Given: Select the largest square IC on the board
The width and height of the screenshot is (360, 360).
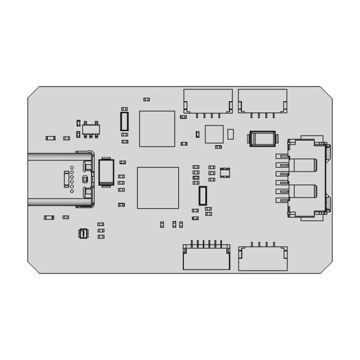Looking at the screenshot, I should [x=158, y=187].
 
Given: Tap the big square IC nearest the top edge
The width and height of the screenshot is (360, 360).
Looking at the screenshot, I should [x=157, y=128].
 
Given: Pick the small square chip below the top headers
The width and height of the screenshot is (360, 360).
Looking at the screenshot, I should [x=214, y=134].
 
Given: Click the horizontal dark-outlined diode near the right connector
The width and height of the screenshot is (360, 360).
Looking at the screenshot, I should [x=262, y=138].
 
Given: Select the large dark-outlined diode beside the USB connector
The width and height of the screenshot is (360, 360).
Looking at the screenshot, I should [x=106, y=172].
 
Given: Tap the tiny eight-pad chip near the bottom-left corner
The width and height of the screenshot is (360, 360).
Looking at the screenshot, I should [x=83, y=233].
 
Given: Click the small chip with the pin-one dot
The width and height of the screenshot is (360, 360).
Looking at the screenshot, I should [x=225, y=173].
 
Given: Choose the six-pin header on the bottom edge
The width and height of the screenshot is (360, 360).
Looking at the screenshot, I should [x=206, y=258].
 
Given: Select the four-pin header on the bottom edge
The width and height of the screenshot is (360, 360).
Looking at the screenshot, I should [x=263, y=258].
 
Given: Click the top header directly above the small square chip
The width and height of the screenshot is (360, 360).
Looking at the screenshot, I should [x=208, y=101].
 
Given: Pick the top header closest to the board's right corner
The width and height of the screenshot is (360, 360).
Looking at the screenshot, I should [x=263, y=101].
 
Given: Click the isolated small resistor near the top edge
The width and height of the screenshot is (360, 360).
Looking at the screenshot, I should [x=147, y=100].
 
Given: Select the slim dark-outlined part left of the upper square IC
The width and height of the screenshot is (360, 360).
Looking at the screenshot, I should [x=124, y=121].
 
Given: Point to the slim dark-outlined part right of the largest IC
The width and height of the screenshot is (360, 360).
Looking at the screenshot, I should [x=202, y=195].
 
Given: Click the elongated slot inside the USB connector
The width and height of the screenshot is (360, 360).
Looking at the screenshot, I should [x=67, y=179].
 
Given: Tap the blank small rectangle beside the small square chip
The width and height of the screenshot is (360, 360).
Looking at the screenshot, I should [x=231, y=134].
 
